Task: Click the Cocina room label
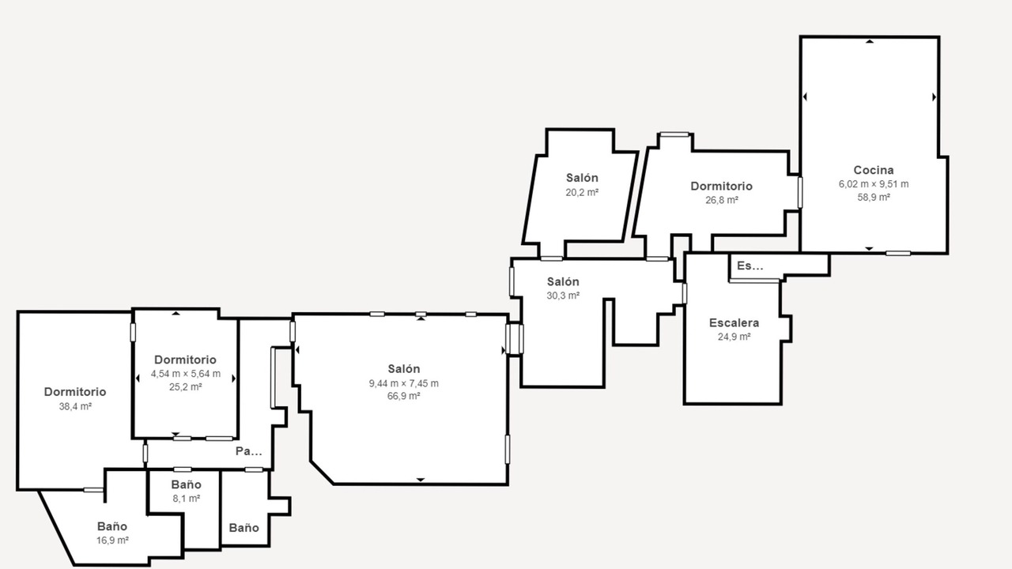(x=874, y=170)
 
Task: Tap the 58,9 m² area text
(x=874, y=197)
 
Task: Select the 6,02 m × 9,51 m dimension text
(x=874, y=184)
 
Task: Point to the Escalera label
(x=734, y=323)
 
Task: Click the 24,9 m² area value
(x=734, y=337)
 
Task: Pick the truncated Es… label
(x=750, y=266)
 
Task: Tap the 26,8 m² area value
(x=722, y=200)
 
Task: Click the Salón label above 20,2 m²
(x=582, y=178)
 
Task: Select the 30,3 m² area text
(x=563, y=296)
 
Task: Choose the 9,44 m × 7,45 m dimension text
(x=403, y=383)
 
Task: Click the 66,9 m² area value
(x=403, y=396)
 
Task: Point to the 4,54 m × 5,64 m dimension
(x=186, y=374)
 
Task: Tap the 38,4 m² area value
(x=75, y=406)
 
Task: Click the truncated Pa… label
(x=249, y=451)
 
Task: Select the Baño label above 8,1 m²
(x=186, y=484)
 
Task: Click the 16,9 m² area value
(x=112, y=540)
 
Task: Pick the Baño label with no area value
(x=244, y=527)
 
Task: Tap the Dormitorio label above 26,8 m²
(x=722, y=186)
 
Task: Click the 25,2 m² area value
(x=186, y=386)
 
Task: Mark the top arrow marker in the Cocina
(x=870, y=42)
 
